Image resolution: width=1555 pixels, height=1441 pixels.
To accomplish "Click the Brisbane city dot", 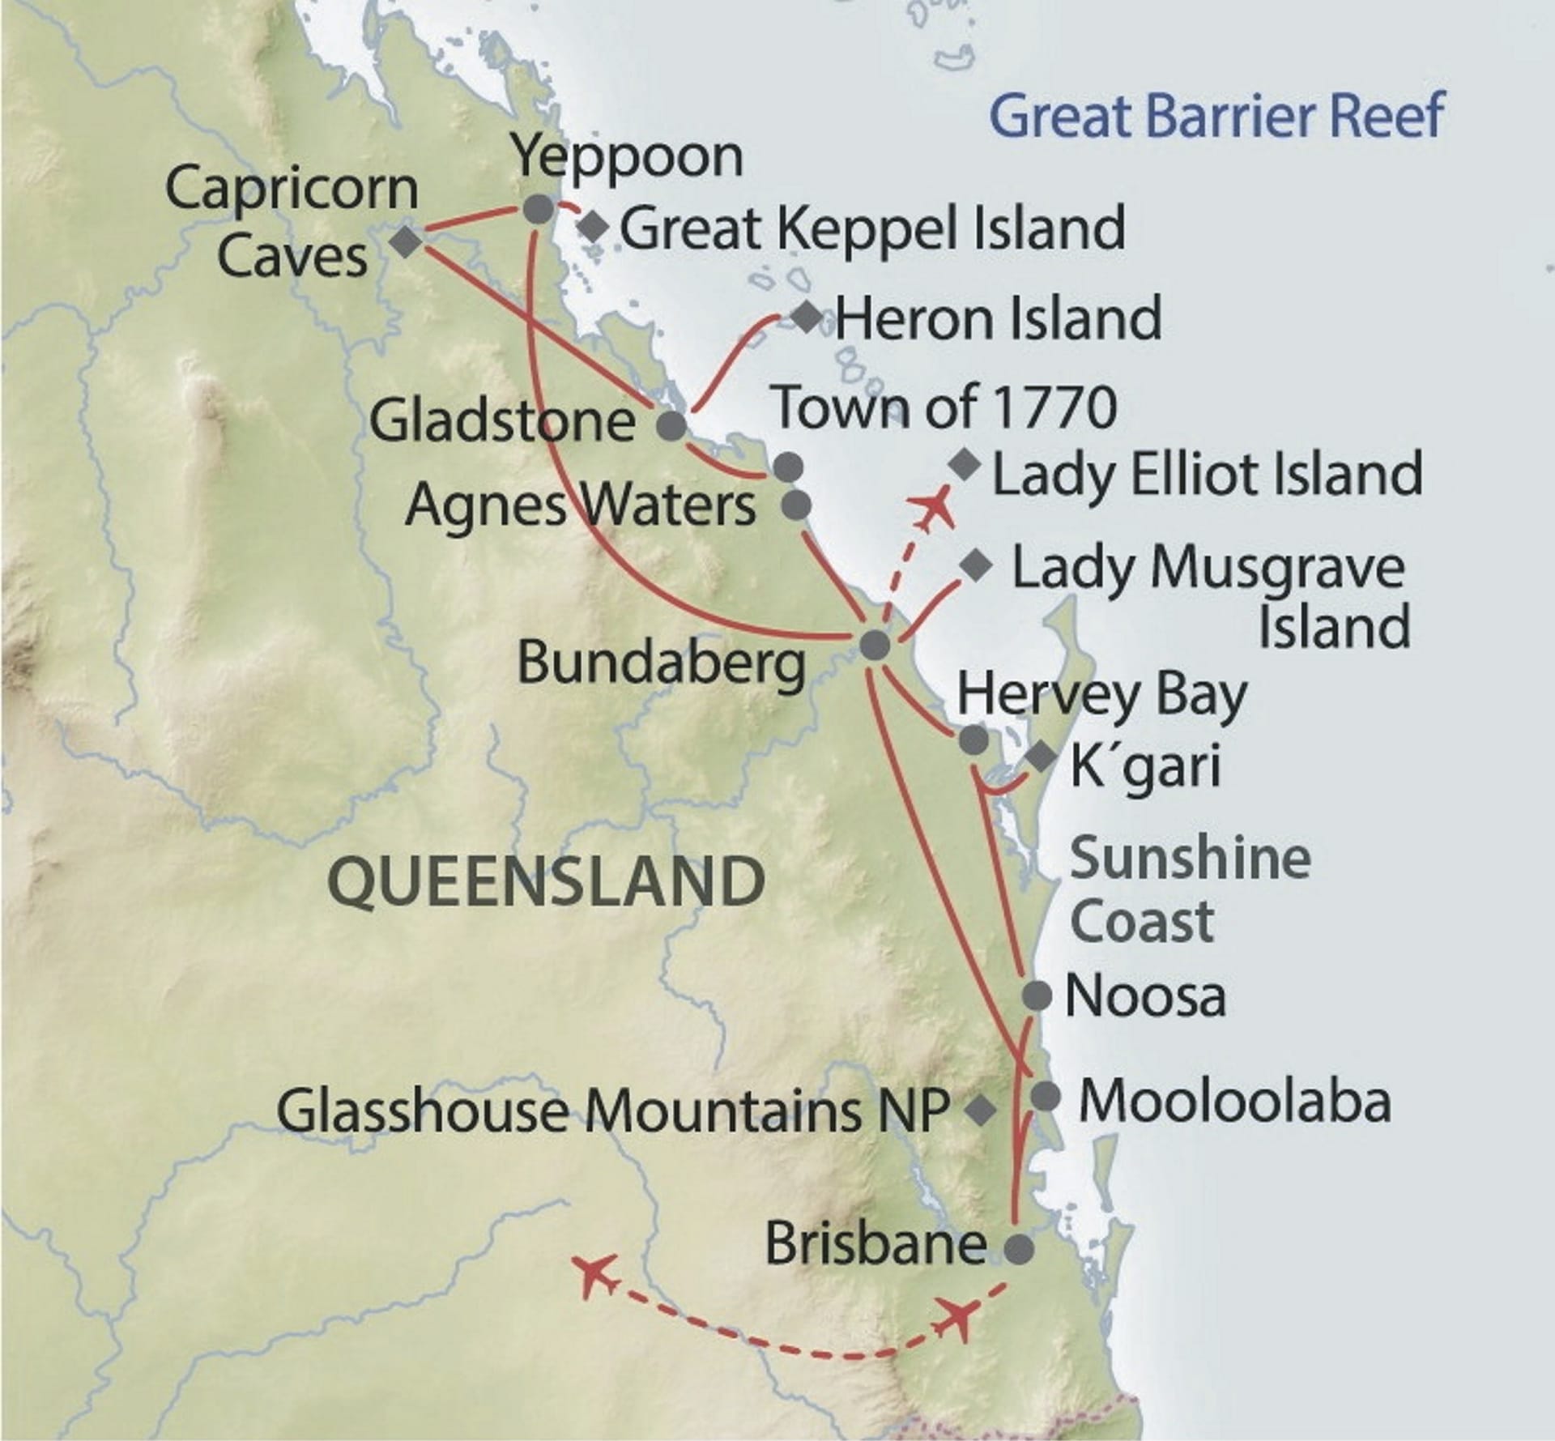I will pyautogui.click(x=1019, y=1248).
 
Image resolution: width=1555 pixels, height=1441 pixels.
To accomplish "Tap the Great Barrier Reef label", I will pyautogui.click(x=1216, y=116).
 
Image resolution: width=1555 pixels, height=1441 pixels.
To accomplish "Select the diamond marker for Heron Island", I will pyautogui.click(x=807, y=317).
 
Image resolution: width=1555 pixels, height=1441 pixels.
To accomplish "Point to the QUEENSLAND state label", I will pyautogui.click(x=547, y=882).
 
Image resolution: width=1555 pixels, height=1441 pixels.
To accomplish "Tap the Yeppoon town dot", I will pyautogui.click(x=539, y=210).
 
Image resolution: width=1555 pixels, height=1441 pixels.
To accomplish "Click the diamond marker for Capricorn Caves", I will pyautogui.click(x=405, y=241).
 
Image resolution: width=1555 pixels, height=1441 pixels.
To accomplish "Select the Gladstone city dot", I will pyautogui.click(x=671, y=425).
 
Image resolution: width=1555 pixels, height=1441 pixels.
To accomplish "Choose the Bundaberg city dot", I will pyautogui.click(x=875, y=646).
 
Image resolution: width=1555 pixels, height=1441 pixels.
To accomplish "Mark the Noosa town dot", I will pyautogui.click(x=1037, y=995).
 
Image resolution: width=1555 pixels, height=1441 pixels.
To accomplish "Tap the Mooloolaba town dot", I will pyautogui.click(x=1046, y=1097).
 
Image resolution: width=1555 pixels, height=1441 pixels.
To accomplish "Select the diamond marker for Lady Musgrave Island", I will pyautogui.click(x=977, y=565).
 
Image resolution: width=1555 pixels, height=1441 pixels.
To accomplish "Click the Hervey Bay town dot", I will pyautogui.click(x=973, y=739).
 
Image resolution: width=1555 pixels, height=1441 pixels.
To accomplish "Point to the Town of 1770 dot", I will pyautogui.click(x=788, y=466).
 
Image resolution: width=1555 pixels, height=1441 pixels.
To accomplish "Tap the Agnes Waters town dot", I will pyautogui.click(x=796, y=505).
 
